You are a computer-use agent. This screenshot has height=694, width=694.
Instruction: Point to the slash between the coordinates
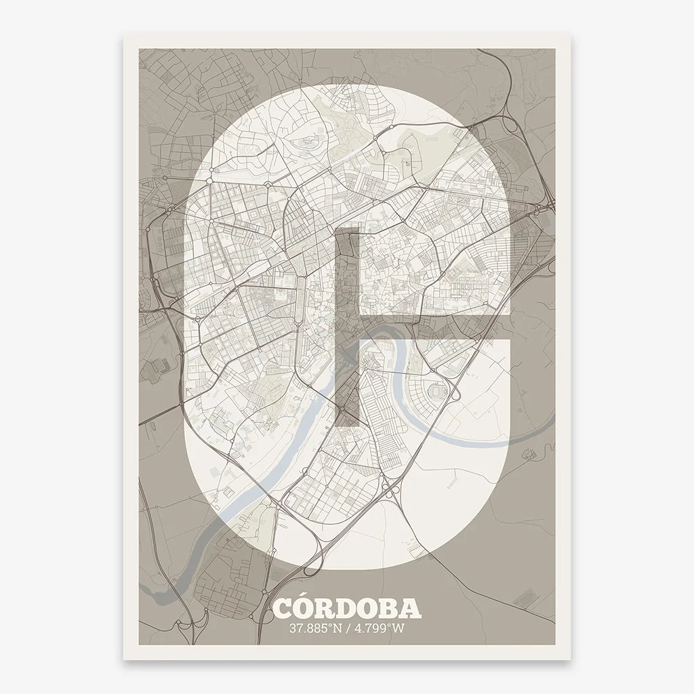click(x=347, y=628)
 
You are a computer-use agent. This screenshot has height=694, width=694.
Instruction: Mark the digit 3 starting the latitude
click(x=293, y=628)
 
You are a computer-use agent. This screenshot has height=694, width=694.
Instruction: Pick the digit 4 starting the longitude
click(x=356, y=628)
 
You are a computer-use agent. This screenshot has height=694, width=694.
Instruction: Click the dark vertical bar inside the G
click(x=348, y=325)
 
